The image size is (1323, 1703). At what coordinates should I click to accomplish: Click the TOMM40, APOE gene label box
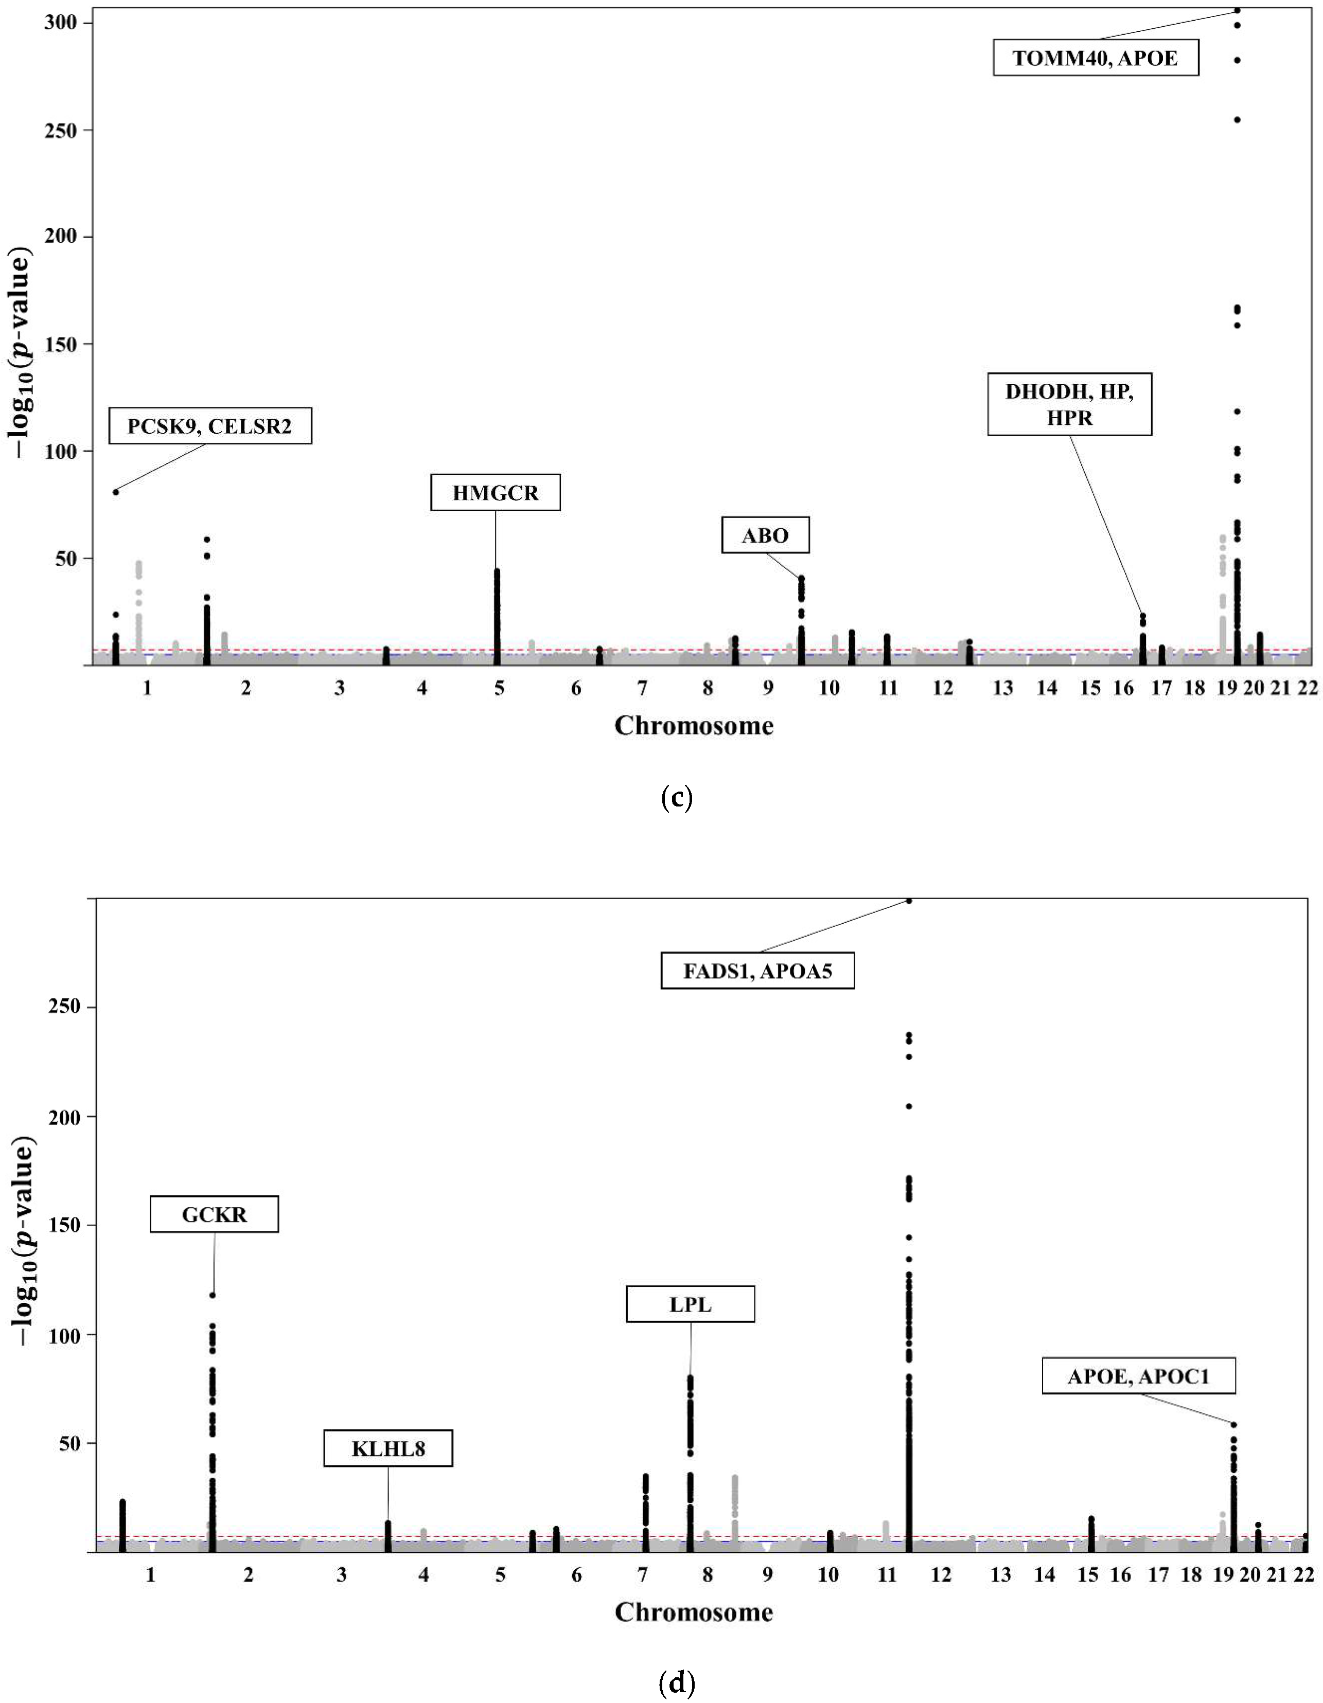[x=1095, y=58]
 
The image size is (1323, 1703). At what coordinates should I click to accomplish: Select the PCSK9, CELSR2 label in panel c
[x=210, y=426]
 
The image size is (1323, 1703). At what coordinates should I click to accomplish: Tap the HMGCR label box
[x=496, y=493]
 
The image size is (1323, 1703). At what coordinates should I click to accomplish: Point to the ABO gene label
[x=765, y=535]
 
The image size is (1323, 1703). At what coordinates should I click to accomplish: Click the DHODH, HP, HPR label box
[x=1069, y=404]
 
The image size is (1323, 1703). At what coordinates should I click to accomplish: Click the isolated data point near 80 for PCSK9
[x=115, y=491]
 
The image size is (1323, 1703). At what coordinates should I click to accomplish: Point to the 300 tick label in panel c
[x=61, y=23]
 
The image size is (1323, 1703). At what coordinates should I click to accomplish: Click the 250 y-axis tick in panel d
[x=62, y=1006]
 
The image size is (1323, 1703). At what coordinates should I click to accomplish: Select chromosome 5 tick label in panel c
[x=499, y=688]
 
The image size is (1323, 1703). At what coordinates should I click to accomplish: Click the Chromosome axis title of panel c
[x=694, y=725]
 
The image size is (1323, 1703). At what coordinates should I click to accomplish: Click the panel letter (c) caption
[x=676, y=798]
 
